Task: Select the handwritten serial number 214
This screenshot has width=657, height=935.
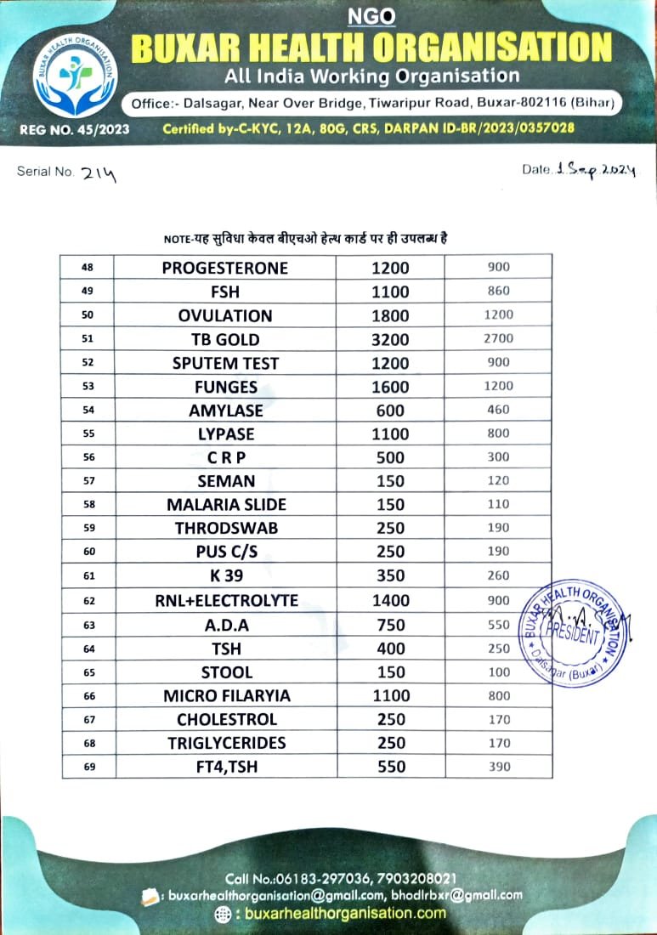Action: (100, 173)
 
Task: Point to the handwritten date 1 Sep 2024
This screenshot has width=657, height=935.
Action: (596, 170)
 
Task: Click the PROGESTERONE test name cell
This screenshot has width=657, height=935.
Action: (225, 268)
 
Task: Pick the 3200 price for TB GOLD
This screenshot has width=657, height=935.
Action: (391, 339)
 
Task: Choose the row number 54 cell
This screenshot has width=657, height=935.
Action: (88, 411)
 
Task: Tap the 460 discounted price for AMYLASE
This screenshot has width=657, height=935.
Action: (499, 410)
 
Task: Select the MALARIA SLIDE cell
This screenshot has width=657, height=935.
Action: (226, 505)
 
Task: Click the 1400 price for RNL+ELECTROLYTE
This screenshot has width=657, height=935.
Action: (391, 600)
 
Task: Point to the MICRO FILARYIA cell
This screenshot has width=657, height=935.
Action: (226, 695)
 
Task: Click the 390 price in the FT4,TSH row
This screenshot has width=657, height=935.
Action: (499, 767)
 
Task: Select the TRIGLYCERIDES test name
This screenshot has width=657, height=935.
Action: (226, 743)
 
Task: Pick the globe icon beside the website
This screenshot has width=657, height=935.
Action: (223, 914)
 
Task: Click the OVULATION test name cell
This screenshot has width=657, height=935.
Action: (225, 315)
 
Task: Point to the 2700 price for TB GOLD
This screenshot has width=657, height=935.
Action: (499, 338)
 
